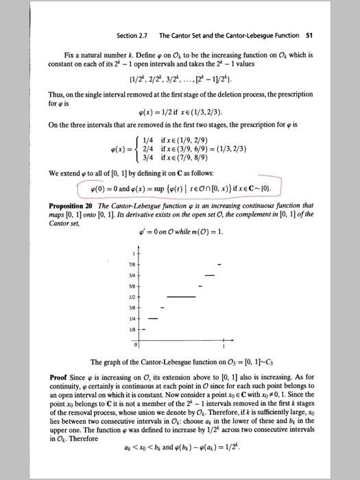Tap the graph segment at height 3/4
tap(209, 275)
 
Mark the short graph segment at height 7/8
tap(219, 264)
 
